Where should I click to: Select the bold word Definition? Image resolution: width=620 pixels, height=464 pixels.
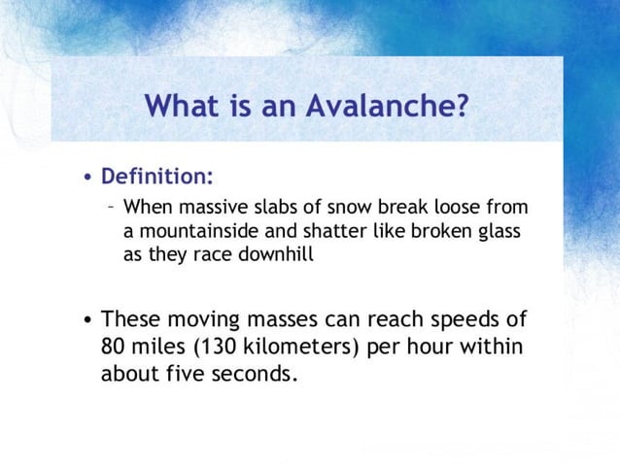click(157, 178)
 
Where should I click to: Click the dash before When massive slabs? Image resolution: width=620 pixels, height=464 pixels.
click(112, 207)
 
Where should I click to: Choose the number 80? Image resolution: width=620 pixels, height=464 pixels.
click(115, 346)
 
